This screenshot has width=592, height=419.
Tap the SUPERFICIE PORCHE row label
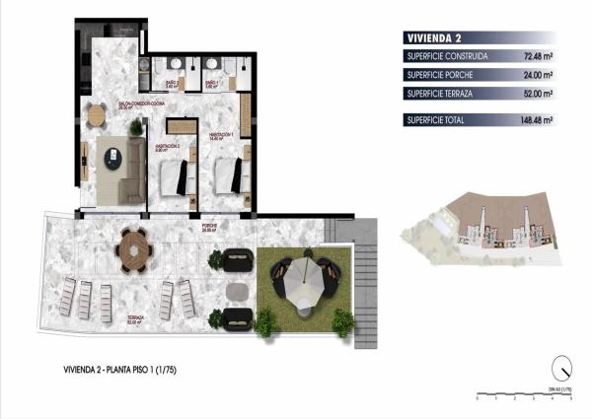pos(440,75)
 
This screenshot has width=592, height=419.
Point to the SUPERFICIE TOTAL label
pos(438,120)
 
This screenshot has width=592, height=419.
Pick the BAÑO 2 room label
pos(172,83)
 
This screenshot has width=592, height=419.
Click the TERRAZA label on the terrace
pos(135,318)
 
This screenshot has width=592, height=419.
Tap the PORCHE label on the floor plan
pos(210,226)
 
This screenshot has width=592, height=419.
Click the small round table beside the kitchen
pos(96,115)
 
